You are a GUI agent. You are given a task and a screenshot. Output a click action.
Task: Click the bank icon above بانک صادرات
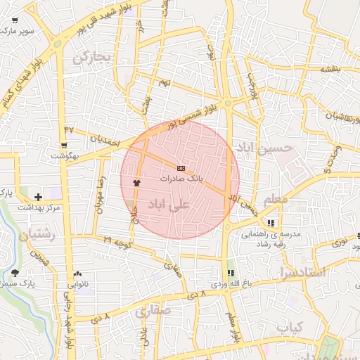[181, 169]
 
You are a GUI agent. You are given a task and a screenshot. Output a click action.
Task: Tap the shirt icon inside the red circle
[136, 181]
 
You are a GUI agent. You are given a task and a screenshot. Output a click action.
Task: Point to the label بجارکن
[92, 57]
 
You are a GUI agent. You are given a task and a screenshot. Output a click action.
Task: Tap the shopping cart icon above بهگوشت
[64, 146]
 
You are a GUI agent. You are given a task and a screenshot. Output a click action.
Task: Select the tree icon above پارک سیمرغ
[15, 273]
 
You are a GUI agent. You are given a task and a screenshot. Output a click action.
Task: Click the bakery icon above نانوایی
[77, 274]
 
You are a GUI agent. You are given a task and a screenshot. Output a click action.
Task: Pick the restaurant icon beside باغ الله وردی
[230, 273]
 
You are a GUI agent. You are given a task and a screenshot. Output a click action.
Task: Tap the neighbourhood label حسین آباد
[262, 148]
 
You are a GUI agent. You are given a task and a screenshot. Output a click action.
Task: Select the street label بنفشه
[330, 70]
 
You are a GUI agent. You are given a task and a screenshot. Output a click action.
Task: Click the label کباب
[289, 328]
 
